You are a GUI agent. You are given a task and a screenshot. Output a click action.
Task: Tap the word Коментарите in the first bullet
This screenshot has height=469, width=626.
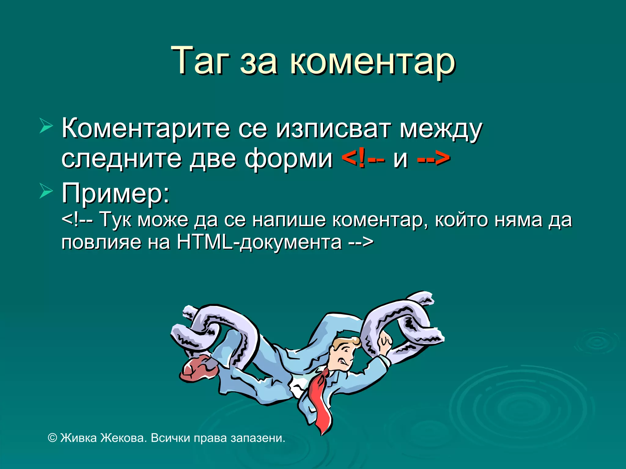click(x=145, y=128)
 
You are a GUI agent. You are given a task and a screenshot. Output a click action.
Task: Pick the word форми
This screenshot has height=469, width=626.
click(x=289, y=159)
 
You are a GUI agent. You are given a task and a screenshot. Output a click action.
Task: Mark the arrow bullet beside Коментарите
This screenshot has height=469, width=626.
click(x=46, y=127)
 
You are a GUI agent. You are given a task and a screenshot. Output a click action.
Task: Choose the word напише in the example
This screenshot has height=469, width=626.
click(x=289, y=220)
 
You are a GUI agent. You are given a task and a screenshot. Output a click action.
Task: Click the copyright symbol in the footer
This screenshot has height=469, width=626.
click(x=53, y=438)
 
